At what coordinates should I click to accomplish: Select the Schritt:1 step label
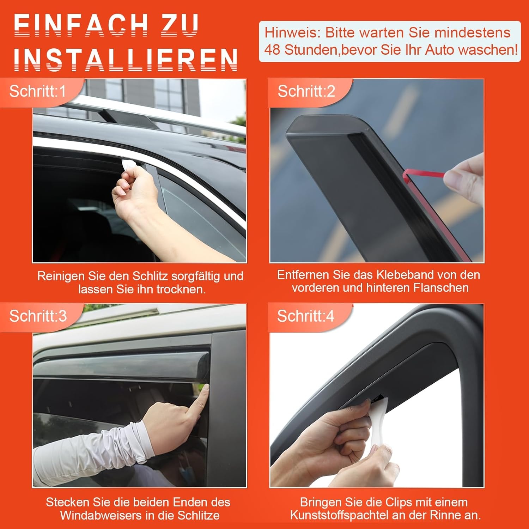[37, 91]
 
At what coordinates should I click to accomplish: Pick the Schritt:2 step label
[306, 91]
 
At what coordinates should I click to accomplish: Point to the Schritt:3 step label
[38, 316]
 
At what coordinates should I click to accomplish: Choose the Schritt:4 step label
[305, 316]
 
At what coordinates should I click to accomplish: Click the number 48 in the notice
[272, 50]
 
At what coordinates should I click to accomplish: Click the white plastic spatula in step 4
[376, 423]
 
